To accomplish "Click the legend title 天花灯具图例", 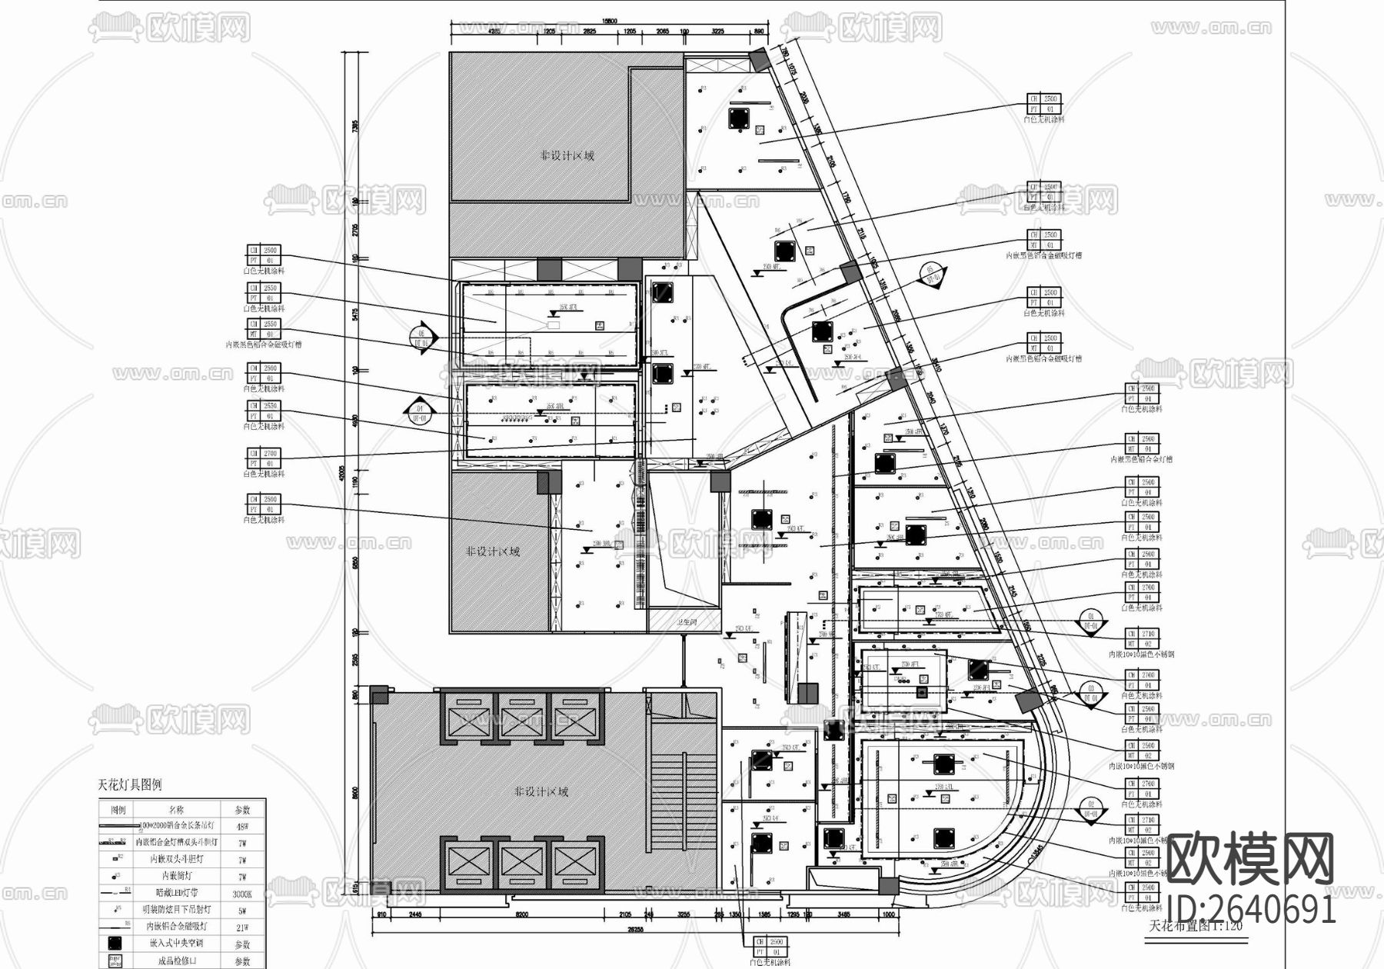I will tap(130, 785).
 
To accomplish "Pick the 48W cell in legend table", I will tap(242, 827).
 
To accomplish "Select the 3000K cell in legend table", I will tap(242, 894).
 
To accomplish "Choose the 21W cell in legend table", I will tap(242, 927).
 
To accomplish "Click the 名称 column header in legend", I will tap(176, 810).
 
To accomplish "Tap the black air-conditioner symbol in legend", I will tap(117, 944).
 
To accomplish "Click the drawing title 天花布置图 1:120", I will tap(1195, 926).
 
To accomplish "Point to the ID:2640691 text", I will tap(1251, 909).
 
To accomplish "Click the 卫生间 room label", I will tap(686, 622).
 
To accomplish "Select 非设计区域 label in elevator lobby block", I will tap(541, 791).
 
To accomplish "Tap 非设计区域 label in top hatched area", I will tap(567, 155).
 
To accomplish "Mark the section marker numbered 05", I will tap(931, 274).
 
